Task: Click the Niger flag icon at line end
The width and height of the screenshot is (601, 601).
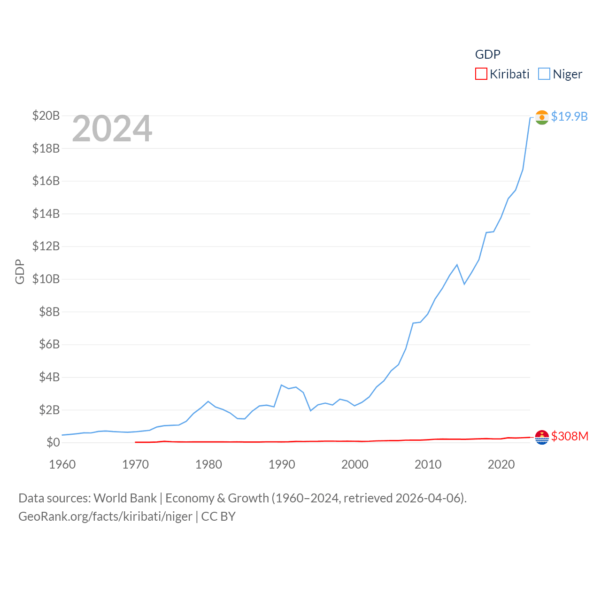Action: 542,117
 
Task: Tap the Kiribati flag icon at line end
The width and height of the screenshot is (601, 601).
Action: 542,437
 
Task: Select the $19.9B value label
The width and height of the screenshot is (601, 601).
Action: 569,116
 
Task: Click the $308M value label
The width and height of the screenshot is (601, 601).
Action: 570,436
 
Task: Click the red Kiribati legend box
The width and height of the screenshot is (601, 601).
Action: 481,74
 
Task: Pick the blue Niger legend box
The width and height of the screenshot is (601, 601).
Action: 544,74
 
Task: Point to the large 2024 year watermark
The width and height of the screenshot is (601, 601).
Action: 112,129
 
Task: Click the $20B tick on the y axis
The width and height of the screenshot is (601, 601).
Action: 46,116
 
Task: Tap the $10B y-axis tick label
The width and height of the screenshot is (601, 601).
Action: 46,279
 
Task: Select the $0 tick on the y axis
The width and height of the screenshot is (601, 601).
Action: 53,442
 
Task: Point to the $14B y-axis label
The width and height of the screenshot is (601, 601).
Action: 46,214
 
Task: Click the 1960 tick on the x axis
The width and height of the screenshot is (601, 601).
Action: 62,464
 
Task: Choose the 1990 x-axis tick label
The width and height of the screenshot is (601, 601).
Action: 282,464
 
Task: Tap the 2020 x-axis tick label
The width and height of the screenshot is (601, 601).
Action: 501,464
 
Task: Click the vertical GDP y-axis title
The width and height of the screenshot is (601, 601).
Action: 20,271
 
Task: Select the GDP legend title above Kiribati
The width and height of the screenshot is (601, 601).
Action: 487,54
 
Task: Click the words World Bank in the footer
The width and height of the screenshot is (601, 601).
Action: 125,498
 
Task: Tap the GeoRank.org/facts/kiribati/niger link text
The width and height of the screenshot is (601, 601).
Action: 105,516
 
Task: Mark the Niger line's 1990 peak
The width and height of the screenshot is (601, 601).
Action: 281,385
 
